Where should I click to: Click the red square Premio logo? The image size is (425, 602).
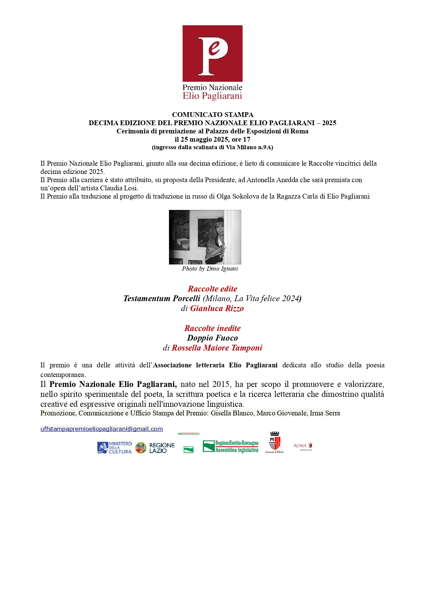pyautogui.click(x=212, y=53)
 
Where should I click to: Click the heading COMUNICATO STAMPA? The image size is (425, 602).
pyautogui.click(x=212, y=115)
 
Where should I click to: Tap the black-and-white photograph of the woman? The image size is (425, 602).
pyautogui.click(x=205, y=237)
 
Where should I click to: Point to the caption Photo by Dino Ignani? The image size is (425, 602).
pyautogui.click(x=210, y=269)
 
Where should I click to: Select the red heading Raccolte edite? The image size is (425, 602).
pyautogui.click(x=212, y=289)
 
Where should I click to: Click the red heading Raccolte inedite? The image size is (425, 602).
pyautogui.click(x=212, y=328)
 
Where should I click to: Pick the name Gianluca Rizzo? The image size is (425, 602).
pyautogui.click(x=217, y=308)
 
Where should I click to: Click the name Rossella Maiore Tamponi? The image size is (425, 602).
pyautogui.click(x=217, y=348)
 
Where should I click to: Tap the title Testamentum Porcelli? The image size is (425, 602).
pyautogui.click(x=162, y=298)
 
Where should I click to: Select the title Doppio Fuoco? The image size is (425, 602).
pyautogui.click(x=212, y=338)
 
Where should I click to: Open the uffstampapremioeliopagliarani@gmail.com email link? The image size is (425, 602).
pyautogui.click(x=101, y=429)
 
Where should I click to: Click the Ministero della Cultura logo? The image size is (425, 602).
pyautogui.click(x=114, y=448)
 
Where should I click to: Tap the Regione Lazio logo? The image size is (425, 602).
pyautogui.click(x=155, y=448)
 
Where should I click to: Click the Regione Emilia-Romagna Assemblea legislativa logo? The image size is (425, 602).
pyautogui.click(x=230, y=447)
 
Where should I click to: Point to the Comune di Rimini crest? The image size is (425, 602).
pyautogui.click(x=275, y=442)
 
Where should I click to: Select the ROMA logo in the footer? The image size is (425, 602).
pyautogui.click(x=303, y=446)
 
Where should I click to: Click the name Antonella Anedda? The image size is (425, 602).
pyautogui.click(x=272, y=180)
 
